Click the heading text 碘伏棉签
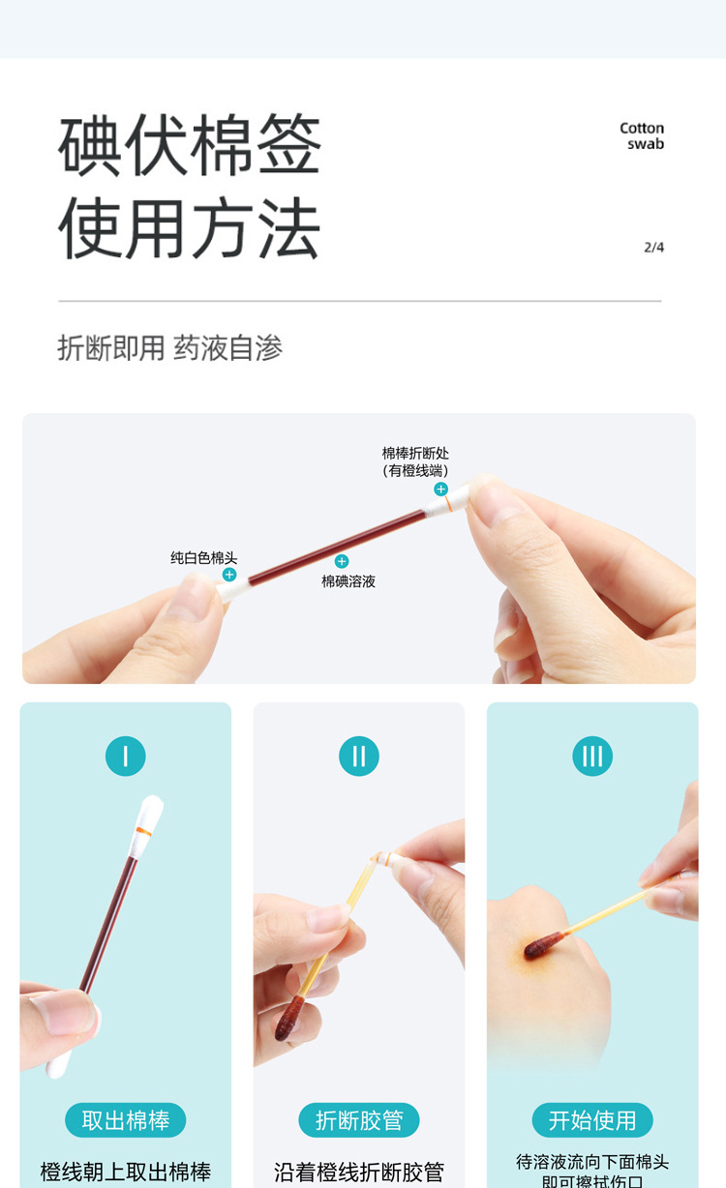[x=190, y=145]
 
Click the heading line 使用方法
[x=190, y=229]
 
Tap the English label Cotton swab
[x=642, y=135]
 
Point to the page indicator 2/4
[x=654, y=248]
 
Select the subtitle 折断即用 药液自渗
[x=169, y=348]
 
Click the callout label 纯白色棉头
[x=204, y=558]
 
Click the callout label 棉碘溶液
[x=348, y=581]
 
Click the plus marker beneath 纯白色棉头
[x=229, y=575]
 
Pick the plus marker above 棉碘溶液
[x=342, y=561]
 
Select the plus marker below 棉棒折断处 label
[x=440, y=489]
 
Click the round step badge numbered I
[x=126, y=756]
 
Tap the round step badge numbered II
[x=359, y=756]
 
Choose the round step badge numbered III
[x=592, y=756]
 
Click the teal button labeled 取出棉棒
[x=126, y=1120]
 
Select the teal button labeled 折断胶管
[x=359, y=1120]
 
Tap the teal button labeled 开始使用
[x=592, y=1120]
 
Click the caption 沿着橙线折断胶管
[x=359, y=1173]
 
